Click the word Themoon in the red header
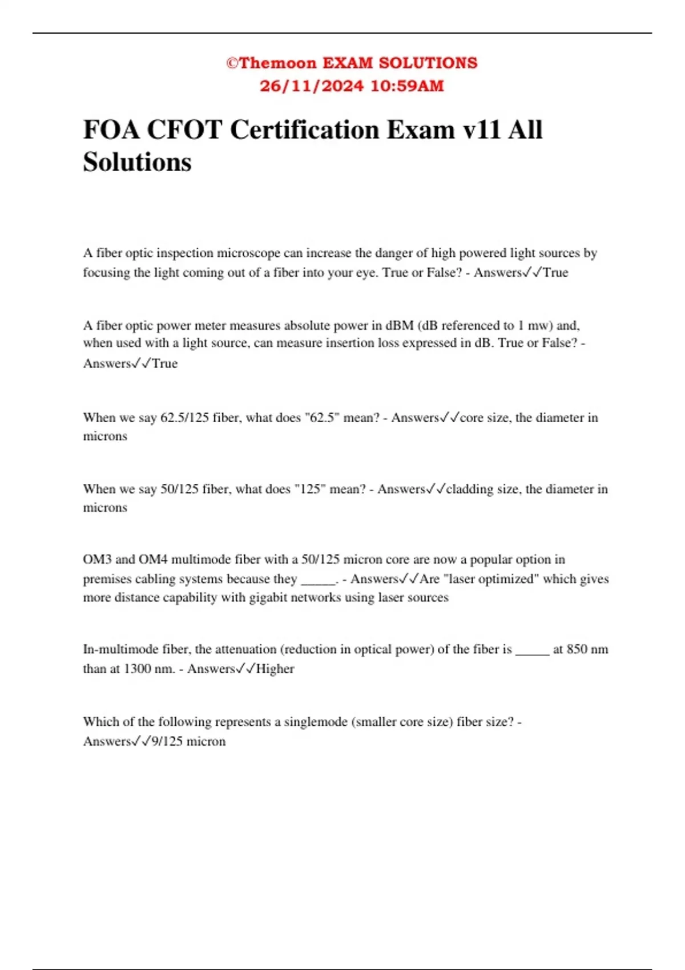coord(277,63)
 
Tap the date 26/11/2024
coord(311,86)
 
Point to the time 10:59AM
coord(407,86)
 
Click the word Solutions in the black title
coord(137,162)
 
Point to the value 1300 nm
coord(148,669)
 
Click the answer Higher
coord(275,669)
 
